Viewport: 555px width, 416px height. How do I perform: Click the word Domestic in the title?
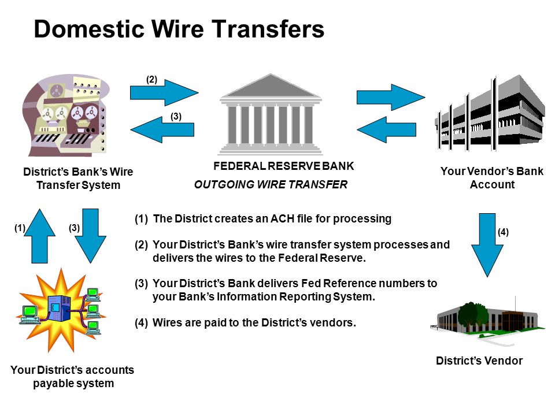89,29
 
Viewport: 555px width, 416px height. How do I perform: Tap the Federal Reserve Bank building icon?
271,114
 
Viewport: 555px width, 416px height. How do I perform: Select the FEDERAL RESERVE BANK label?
283,166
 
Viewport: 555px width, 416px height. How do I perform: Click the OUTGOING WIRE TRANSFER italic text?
271,184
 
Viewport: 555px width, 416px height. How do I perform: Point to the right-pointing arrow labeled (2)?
164,92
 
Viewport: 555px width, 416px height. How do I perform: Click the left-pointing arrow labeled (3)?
162,129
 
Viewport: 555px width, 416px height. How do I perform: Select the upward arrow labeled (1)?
40,236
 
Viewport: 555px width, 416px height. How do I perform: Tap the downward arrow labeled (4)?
487,245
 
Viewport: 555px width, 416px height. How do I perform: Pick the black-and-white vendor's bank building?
490,113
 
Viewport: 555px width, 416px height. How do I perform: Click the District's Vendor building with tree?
484,320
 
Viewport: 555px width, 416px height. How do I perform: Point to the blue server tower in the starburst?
59,308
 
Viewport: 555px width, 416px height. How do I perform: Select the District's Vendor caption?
479,361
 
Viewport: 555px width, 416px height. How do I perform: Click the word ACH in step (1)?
283,218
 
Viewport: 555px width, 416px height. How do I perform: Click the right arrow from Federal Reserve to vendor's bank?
391,97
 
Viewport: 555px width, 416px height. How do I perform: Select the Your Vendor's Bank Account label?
492,177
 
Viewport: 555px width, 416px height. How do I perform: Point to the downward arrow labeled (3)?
90,236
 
